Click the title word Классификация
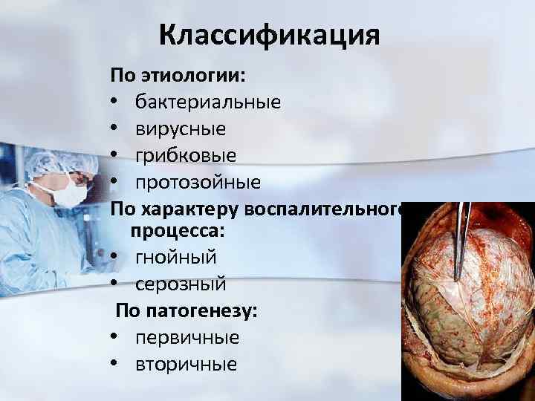point(269,34)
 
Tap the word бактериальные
point(208,102)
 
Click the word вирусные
point(181,128)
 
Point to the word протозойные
point(198,182)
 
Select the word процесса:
point(178,230)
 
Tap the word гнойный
point(176,257)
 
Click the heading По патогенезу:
point(187,310)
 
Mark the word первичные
point(187,337)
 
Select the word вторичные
point(187,364)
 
